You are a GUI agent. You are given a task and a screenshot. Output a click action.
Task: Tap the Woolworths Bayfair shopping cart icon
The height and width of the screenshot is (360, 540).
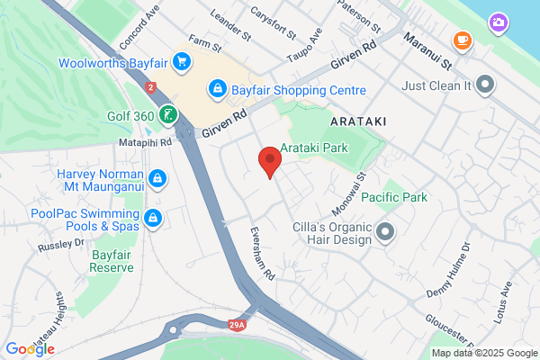click(x=182, y=62)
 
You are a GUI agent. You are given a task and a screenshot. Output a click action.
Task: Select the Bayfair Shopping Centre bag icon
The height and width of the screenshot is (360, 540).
click(x=217, y=89)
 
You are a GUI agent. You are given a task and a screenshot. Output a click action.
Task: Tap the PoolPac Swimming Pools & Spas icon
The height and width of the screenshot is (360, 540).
click(x=154, y=218)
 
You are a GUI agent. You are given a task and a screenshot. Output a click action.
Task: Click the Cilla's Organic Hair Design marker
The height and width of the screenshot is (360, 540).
click(x=386, y=233)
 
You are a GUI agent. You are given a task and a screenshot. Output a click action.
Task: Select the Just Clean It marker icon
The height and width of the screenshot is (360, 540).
click(x=486, y=85)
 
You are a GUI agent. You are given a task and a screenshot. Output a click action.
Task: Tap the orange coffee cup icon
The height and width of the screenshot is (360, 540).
click(x=463, y=40)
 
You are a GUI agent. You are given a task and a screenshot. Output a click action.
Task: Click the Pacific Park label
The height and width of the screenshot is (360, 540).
click(x=394, y=197)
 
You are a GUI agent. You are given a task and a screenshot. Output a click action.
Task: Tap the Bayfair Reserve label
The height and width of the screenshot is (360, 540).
click(x=112, y=261)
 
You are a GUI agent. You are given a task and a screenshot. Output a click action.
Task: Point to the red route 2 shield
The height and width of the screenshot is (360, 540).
click(x=150, y=87)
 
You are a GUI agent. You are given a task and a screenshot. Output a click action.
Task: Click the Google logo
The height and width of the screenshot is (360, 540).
click(x=30, y=349)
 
